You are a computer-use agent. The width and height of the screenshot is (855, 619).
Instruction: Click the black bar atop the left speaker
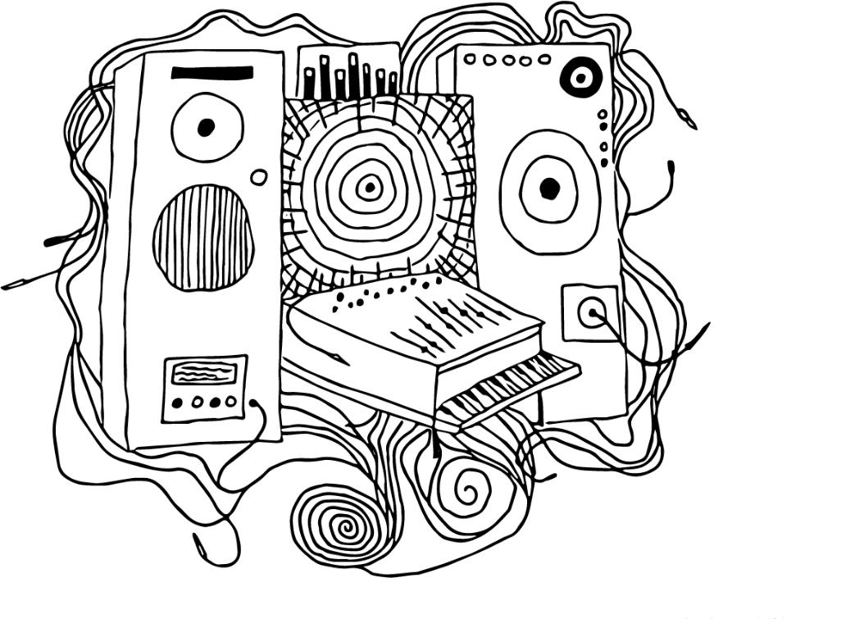[x=211, y=73]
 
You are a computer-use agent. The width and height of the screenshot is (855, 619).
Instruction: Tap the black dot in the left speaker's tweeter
[x=207, y=126]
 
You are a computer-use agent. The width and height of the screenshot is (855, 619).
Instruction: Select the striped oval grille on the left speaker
[x=202, y=237]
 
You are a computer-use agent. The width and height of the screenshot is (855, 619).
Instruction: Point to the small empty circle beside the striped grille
[x=258, y=177]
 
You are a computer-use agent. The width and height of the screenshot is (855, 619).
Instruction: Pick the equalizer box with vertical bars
[x=348, y=72]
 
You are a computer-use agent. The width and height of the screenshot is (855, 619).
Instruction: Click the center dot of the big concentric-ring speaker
[x=370, y=189]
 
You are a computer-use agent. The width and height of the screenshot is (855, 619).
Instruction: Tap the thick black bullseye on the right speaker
[x=580, y=78]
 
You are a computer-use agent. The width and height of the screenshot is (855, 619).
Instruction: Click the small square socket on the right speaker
[x=590, y=312]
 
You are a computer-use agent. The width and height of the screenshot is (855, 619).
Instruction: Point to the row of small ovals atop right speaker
[x=507, y=60]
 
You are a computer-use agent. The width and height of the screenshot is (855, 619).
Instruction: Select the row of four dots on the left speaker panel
[x=204, y=403]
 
